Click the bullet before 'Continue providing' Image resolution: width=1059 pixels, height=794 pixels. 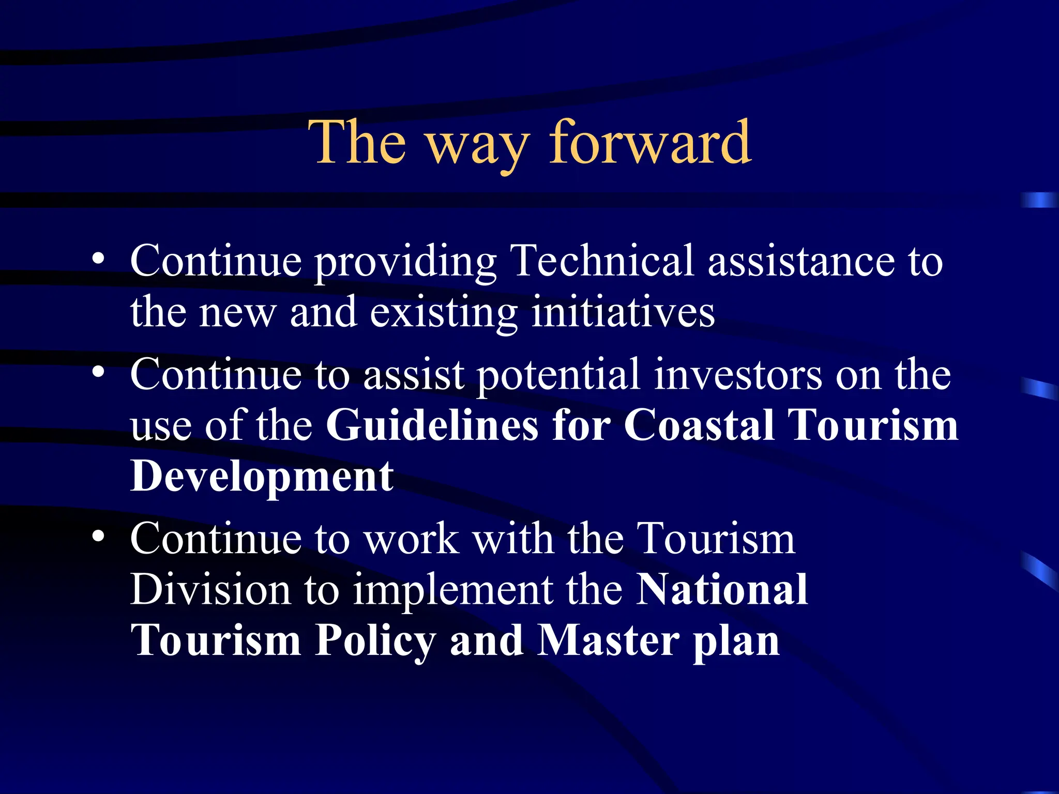coord(98,258)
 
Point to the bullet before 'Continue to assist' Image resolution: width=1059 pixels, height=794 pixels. coord(98,372)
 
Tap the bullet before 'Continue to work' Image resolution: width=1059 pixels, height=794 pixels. coord(98,536)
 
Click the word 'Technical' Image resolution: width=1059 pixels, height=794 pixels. coord(601,261)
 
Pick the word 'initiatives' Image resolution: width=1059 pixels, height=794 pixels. coord(623,313)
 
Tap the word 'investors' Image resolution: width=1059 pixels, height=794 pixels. coord(737,375)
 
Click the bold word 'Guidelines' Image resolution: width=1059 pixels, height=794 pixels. coord(432,425)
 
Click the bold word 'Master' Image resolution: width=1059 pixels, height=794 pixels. coord(608,640)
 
